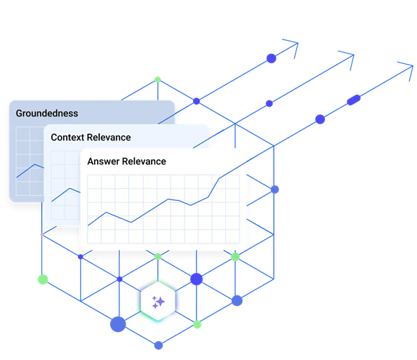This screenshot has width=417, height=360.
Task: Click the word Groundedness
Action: point(47,114)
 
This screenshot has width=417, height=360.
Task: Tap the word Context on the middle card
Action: point(67,138)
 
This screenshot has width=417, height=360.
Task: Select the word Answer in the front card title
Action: point(103,161)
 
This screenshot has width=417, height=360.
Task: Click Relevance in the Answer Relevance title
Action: point(144,161)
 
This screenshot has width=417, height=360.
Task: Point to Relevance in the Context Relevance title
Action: point(109,138)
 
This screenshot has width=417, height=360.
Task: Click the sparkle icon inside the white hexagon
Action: point(158,302)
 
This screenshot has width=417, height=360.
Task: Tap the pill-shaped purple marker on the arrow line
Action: point(354,100)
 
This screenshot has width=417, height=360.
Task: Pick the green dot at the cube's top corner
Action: point(158,79)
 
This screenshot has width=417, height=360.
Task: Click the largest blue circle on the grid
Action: point(118,324)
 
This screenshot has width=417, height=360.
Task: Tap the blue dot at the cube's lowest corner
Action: point(159,345)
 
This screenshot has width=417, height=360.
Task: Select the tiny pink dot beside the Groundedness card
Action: point(41,235)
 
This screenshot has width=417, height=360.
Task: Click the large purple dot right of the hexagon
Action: point(197,279)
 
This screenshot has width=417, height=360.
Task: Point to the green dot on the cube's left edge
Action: point(43,279)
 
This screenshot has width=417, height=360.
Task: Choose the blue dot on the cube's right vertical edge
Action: point(274,189)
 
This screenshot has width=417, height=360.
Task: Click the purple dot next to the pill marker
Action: point(320,119)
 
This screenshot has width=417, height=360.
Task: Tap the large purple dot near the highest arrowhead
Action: point(271,58)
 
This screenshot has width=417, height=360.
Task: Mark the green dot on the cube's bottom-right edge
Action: point(197,324)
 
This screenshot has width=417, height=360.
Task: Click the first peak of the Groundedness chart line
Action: point(34,164)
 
